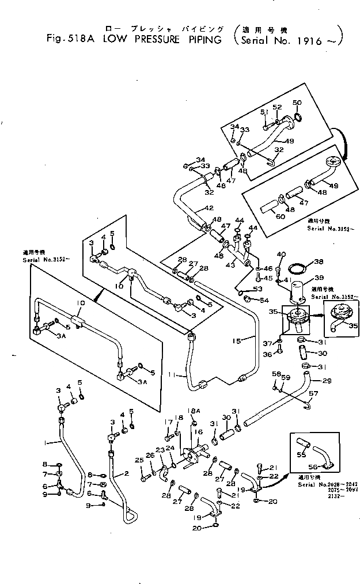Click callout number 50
[297, 103]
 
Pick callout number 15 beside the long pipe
[237, 340]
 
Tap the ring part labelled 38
[297, 268]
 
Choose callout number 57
[313, 395]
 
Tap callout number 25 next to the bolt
[138, 460]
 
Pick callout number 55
[300, 454]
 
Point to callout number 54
[264, 301]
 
